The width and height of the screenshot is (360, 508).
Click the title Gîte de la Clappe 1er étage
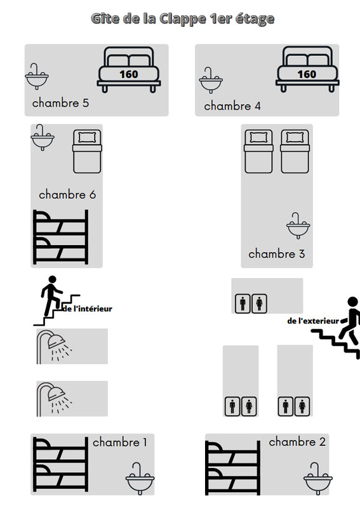pos(183,19)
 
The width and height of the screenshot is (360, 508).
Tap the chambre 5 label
pos(60,103)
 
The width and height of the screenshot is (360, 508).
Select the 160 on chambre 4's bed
pos(307,74)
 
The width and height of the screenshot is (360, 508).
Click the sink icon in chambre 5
pos(37,76)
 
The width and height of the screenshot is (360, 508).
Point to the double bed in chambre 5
pos(129,70)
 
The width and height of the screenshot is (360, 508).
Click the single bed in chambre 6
pos(87,151)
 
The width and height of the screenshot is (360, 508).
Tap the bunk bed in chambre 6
pos(60,237)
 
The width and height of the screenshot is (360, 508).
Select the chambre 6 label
pos(67,194)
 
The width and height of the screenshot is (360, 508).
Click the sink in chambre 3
pos(298,225)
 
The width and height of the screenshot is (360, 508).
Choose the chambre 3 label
pos(277,253)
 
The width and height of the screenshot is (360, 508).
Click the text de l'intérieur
pos(87,309)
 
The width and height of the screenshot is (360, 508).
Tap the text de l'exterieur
pos(313,321)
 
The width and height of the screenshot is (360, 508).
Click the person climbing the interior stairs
pos(51,295)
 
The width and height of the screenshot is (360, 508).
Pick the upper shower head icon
pos(54,346)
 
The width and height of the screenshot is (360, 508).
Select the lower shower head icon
pos(54,399)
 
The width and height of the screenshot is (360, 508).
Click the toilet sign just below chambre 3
pos(251,304)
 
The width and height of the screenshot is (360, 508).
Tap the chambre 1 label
pos(120,442)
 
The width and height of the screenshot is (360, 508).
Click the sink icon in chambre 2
pos(317,478)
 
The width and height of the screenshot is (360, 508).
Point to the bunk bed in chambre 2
pos(232,468)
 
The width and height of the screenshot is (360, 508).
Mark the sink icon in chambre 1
pos(140,478)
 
